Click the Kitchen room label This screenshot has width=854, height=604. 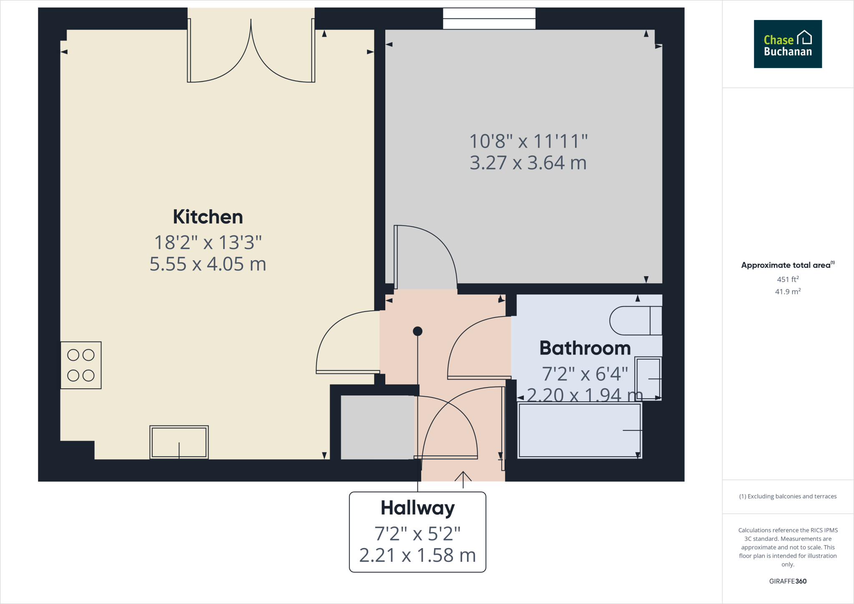(x=208, y=217)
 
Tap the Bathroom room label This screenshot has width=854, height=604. (x=585, y=348)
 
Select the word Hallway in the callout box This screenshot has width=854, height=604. (x=417, y=508)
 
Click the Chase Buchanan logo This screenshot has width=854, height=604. (x=788, y=44)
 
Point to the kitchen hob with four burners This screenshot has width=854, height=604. (x=81, y=365)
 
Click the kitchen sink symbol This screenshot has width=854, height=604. (x=179, y=442)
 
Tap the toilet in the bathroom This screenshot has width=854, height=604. (x=635, y=321)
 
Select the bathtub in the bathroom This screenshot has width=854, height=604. (x=579, y=430)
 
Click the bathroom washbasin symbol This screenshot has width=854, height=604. (x=648, y=378)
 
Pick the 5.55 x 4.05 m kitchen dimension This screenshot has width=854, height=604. (x=208, y=264)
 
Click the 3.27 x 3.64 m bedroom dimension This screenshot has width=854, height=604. (x=528, y=163)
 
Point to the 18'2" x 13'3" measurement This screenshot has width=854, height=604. (x=208, y=243)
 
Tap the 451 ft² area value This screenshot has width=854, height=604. (x=788, y=279)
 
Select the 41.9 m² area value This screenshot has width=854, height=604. (x=788, y=292)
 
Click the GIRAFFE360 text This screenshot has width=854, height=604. (x=788, y=581)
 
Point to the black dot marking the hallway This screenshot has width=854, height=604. (x=417, y=331)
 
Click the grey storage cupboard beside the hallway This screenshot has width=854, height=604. (x=377, y=428)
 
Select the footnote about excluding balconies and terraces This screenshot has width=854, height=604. (x=788, y=496)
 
